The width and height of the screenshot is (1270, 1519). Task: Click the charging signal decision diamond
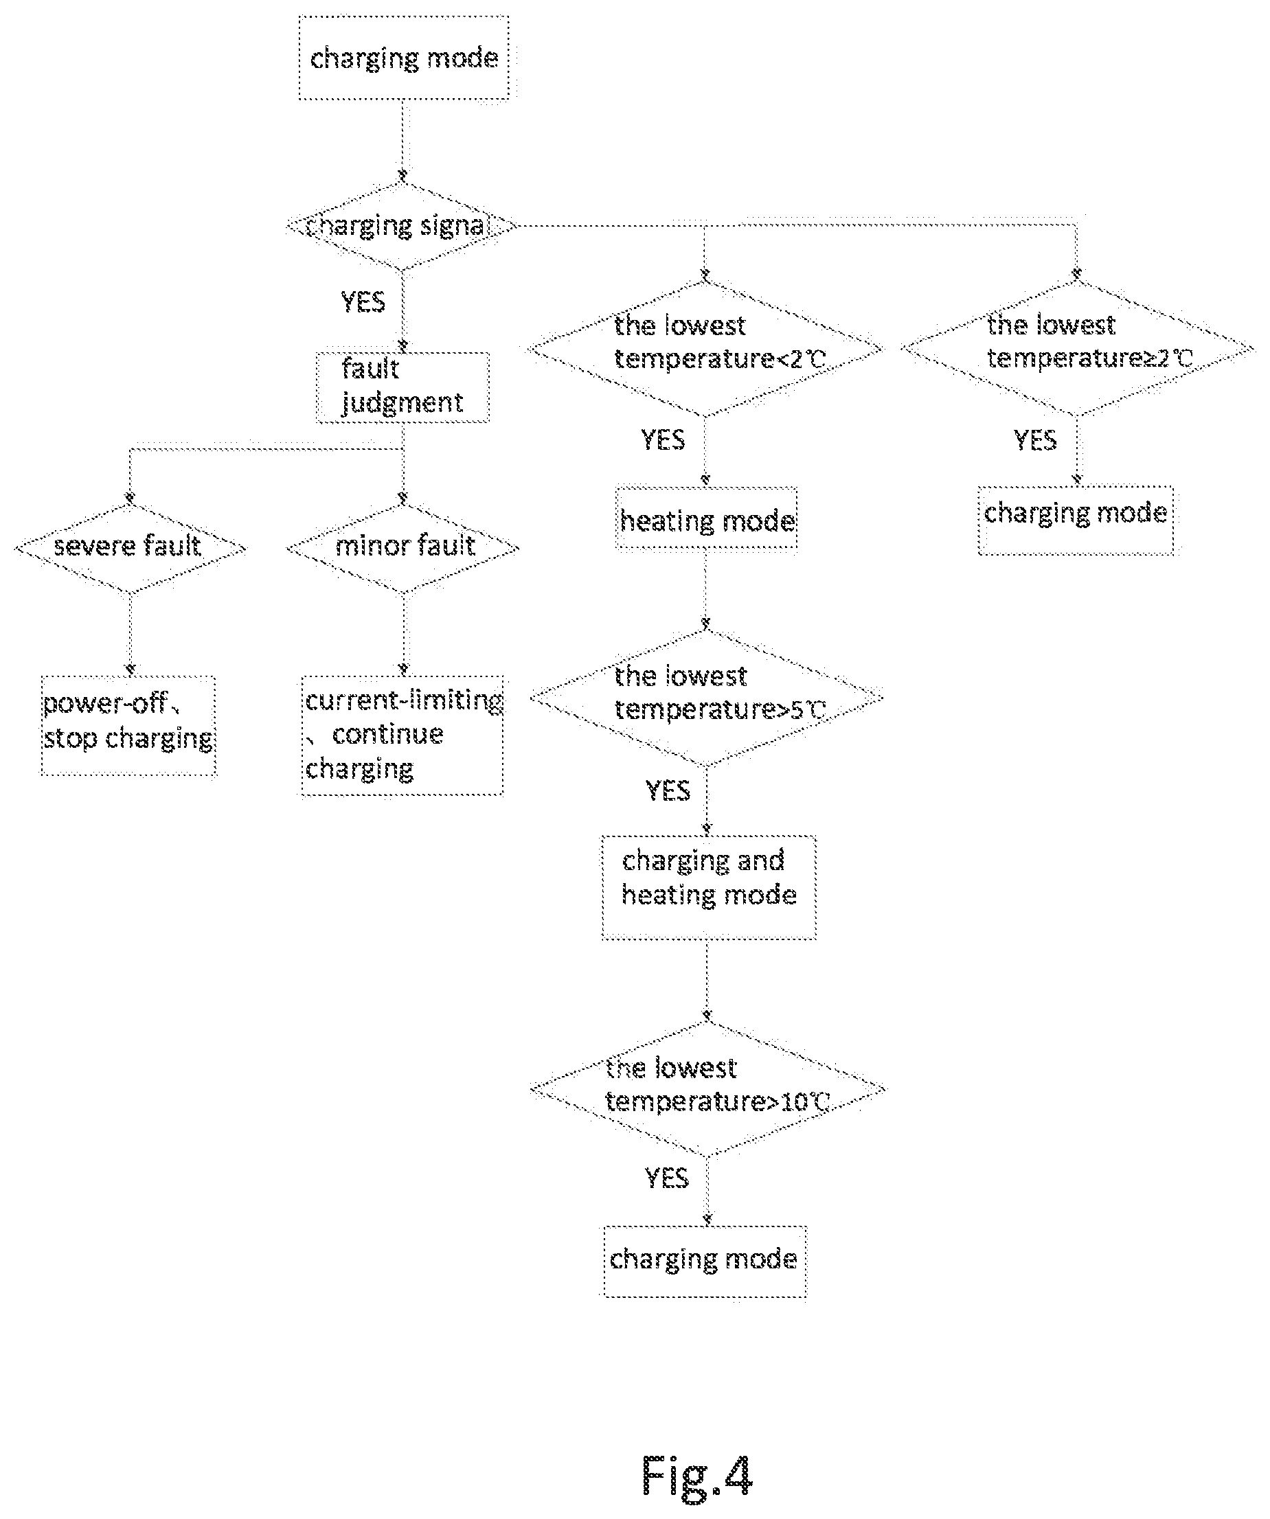coord(402,227)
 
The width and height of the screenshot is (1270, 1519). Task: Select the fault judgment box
coord(402,388)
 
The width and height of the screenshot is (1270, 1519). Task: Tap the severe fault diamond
coord(131,548)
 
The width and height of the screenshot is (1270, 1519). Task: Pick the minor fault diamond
coord(403,548)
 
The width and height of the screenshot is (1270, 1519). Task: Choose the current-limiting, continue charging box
coord(402,735)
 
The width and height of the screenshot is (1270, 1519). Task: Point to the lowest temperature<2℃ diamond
coord(705,349)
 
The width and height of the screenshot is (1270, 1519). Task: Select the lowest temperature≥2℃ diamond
coord(1078,349)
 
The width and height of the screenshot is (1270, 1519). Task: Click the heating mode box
coord(706,520)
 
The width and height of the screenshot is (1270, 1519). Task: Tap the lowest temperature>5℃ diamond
coord(706,697)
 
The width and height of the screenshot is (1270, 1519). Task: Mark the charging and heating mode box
coord(709,887)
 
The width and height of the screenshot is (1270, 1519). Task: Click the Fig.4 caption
coord(697,1476)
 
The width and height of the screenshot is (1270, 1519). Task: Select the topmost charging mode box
coord(404,58)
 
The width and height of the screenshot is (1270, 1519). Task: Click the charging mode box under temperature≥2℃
coord(1076,520)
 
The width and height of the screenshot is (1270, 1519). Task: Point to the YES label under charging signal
coord(363,301)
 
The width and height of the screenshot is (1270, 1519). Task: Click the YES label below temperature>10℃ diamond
coord(667,1178)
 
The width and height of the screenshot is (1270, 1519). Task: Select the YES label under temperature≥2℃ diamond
coord(1035,439)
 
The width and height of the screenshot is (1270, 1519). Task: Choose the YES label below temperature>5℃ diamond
coord(668,790)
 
